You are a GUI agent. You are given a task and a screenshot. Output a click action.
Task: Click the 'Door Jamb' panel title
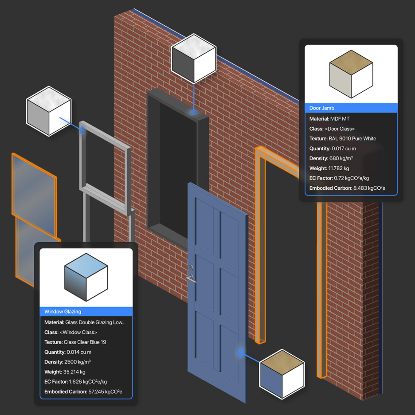322,108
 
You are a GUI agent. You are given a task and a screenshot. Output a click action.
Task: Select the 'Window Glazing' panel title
63,312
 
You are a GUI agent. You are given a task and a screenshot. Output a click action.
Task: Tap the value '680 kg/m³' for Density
341,158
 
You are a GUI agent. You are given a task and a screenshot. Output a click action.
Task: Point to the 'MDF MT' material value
340,119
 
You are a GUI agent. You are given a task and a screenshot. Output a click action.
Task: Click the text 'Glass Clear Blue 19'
85,342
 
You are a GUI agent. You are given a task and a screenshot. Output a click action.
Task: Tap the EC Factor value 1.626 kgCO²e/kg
88,381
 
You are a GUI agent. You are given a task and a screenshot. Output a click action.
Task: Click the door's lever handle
191,278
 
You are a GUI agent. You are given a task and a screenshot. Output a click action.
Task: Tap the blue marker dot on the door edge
240,353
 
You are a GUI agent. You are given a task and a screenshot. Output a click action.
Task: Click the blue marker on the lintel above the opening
193,112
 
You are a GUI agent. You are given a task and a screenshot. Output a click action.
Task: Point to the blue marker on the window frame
82,130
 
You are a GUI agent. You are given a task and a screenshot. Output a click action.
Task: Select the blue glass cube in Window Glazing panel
86,277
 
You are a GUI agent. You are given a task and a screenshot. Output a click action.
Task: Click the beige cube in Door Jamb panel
351,74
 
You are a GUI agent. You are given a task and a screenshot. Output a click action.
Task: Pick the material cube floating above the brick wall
194,58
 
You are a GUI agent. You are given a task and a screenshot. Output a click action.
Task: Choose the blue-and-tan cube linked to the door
282,374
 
